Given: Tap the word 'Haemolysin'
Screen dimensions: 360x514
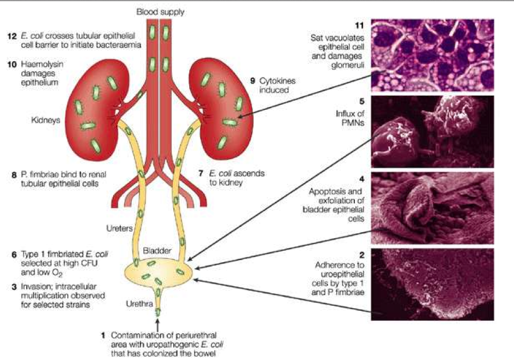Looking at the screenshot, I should coord(40,64).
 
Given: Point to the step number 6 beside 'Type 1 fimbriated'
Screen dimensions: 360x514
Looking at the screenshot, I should coord(13,255).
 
